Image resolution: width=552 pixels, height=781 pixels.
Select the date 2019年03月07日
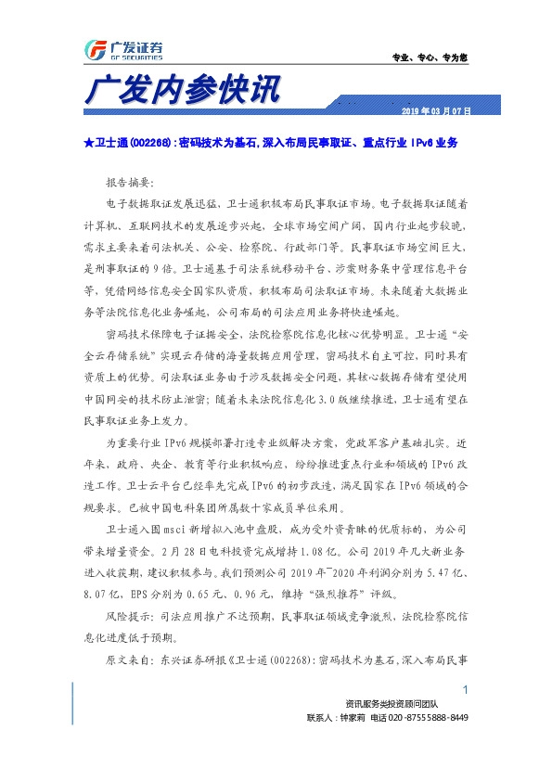436,111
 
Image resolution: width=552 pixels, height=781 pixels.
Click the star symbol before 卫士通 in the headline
87,145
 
